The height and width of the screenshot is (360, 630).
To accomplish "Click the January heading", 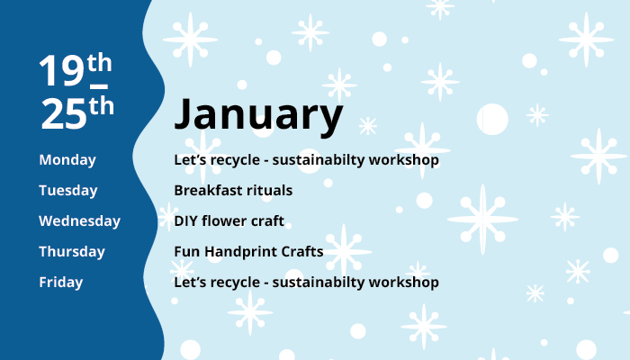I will click(x=258, y=115).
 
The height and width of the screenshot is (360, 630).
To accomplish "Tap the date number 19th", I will click(x=76, y=68).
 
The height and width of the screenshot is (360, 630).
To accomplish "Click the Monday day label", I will click(x=67, y=160).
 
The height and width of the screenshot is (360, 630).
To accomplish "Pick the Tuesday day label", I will click(x=68, y=191).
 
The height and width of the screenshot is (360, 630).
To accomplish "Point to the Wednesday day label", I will click(x=79, y=221).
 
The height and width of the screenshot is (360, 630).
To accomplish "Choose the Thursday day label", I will click(x=72, y=252).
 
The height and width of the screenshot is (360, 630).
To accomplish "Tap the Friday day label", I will click(x=61, y=283).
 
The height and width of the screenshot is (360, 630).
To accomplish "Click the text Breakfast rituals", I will click(x=233, y=191).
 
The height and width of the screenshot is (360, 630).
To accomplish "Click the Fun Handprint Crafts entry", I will click(x=248, y=252).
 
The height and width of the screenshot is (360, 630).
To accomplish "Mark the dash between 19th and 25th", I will click(x=99, y=86).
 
